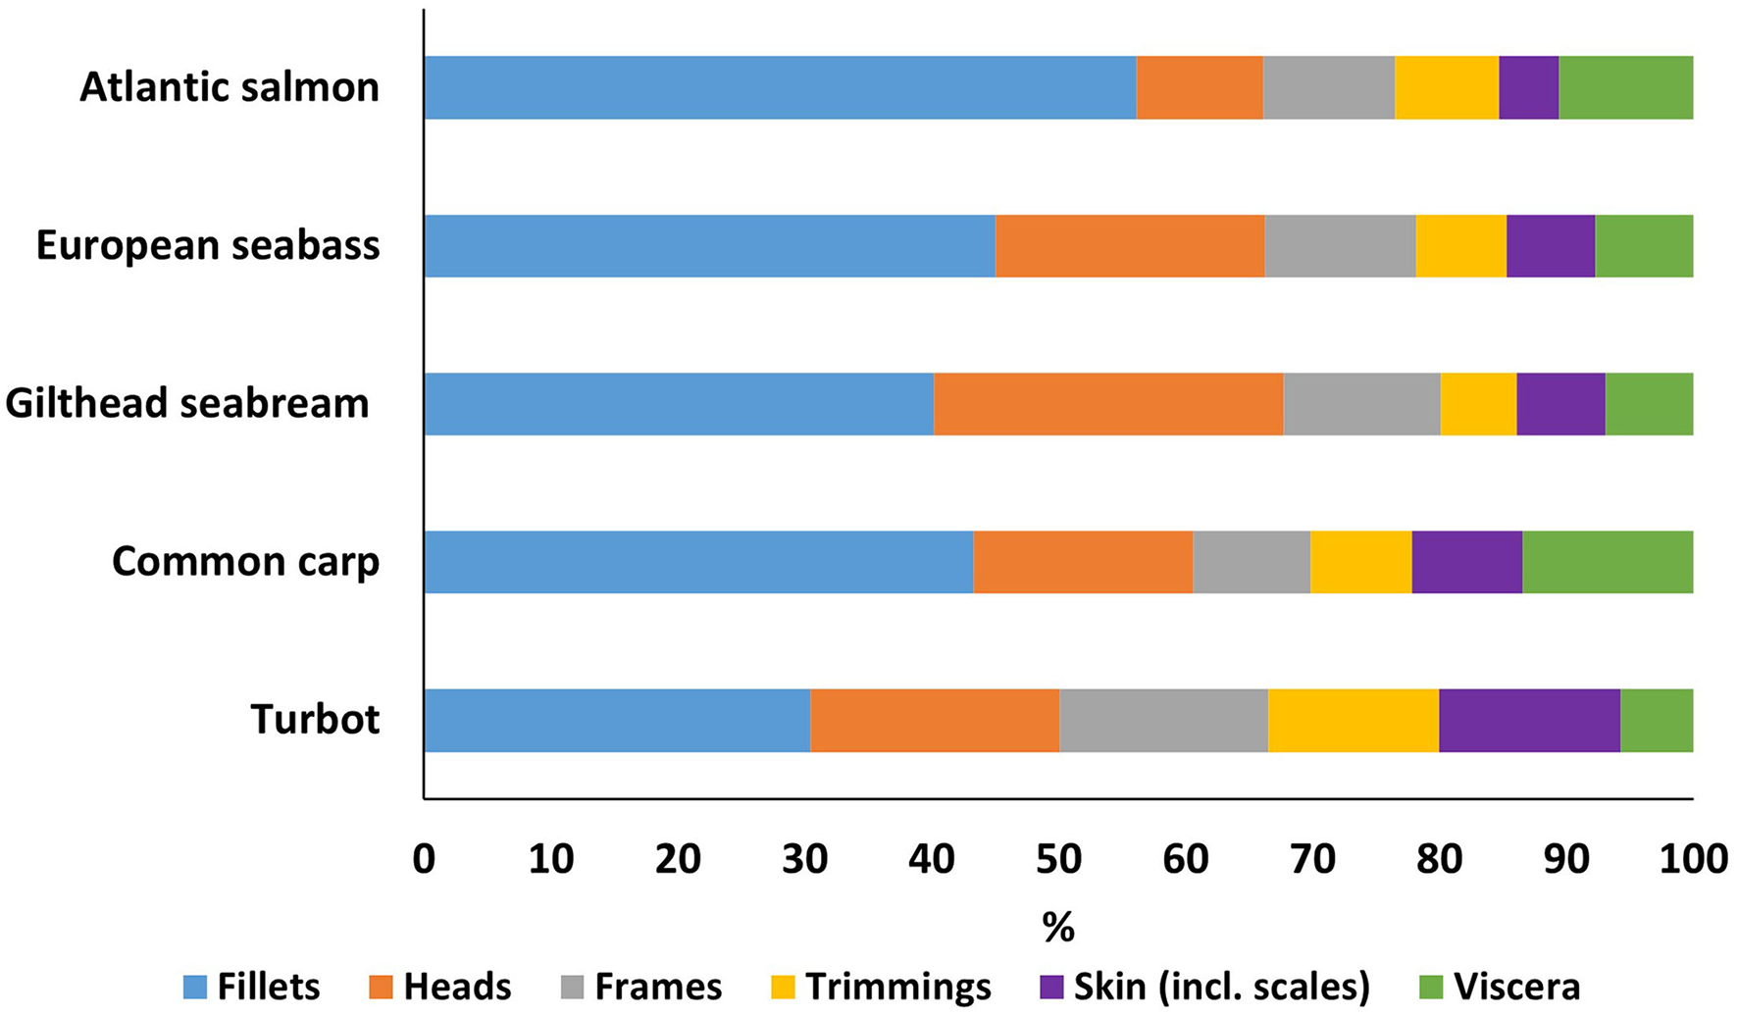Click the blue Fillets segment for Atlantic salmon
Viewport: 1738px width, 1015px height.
tap(780, 87)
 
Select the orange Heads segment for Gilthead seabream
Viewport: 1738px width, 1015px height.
tap(1108, 404)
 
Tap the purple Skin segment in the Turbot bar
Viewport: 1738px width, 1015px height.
tap(1529, 721)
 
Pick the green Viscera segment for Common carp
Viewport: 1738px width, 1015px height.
tap(1608, 562)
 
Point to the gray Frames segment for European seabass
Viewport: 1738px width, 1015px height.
tap(1340, 245)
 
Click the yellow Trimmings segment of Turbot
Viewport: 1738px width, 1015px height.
tap(1353, 721)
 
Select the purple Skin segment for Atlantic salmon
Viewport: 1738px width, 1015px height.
tap(1528, 87)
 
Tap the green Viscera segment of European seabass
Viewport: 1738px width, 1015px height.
tap(1644, 245)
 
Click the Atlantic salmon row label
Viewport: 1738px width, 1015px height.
tap(229, 87)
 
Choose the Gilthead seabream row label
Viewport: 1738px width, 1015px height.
tap(186, 404)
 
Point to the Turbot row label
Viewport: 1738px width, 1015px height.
tap(315, 720)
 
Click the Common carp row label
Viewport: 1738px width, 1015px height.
tap(245, 562)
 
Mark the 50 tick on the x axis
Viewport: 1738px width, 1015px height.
tap(1058, 859)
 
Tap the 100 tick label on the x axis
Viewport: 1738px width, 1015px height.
tap(1693, 859)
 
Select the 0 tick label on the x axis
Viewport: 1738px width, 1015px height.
tap(424, 859)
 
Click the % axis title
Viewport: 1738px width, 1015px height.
tap(1058, 927)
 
